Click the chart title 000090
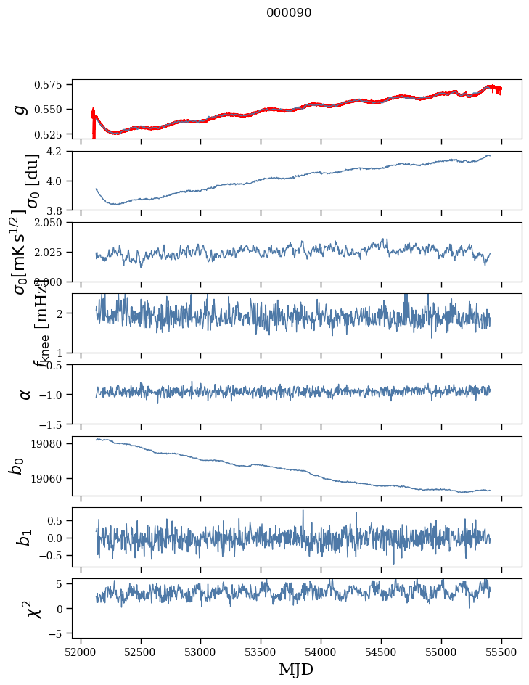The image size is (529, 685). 289,12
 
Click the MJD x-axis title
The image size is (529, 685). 296,669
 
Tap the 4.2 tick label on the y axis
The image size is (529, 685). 60,151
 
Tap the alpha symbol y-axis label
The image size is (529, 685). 25,394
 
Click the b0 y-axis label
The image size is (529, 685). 17,466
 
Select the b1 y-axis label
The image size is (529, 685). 25,538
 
